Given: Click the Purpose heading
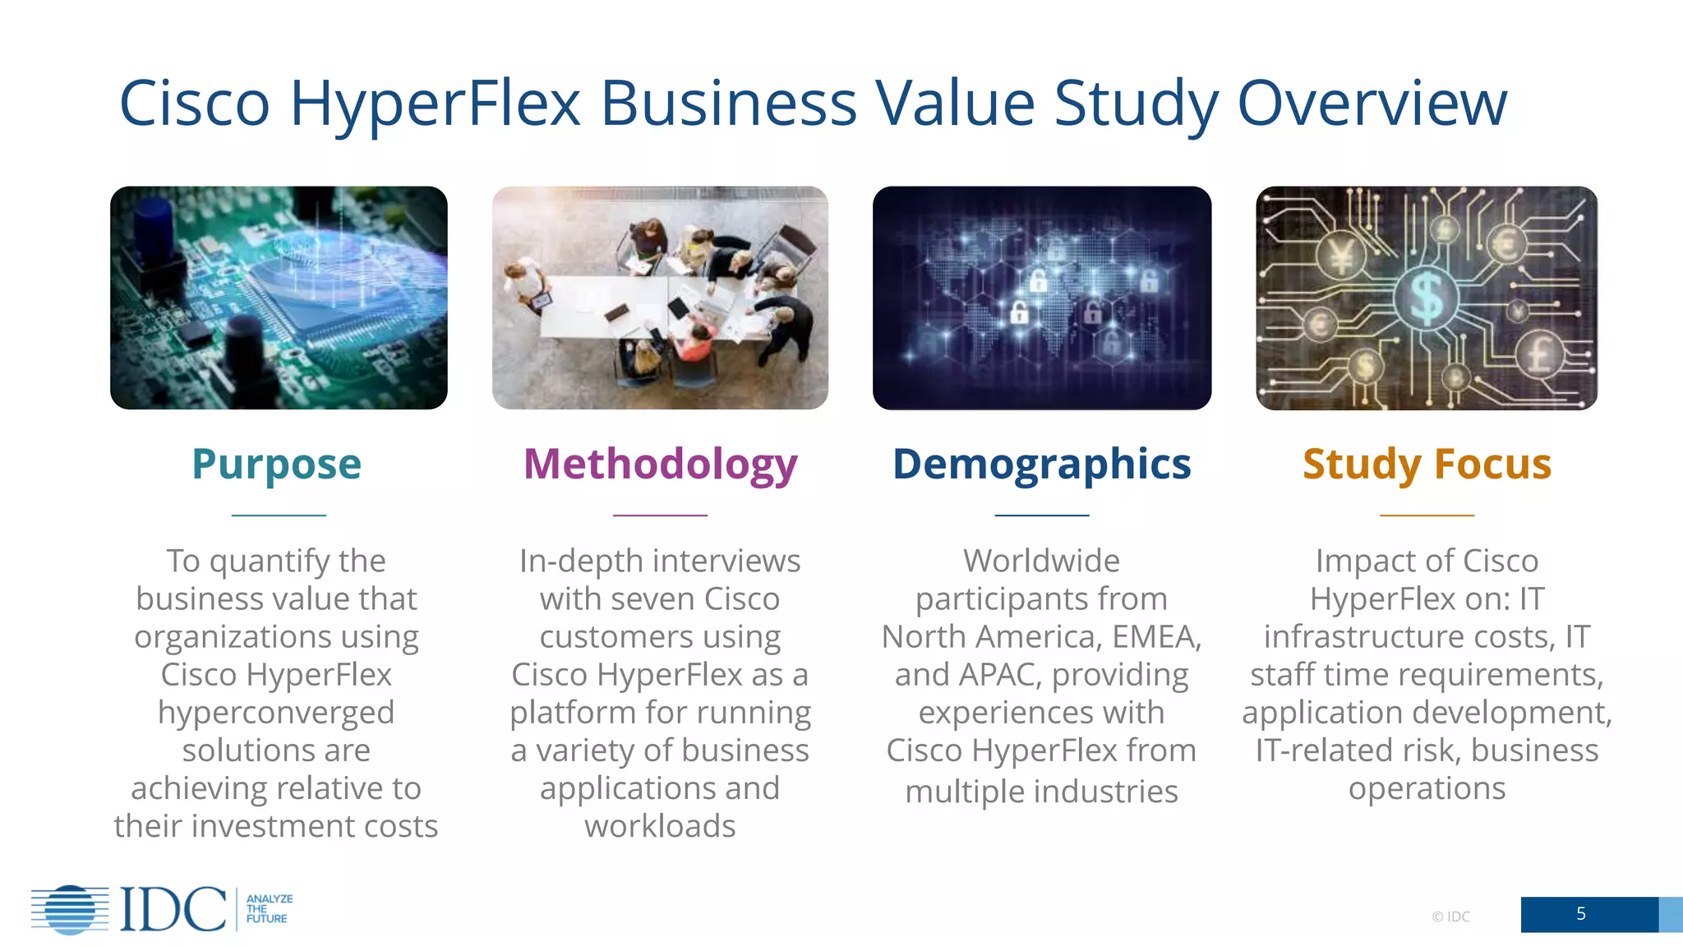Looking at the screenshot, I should tap(276, 464).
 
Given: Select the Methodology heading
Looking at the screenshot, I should tap(660, 464).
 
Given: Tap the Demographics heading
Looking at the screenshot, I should tap(1041, 464).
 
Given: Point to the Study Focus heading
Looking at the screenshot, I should tap(1427, 464).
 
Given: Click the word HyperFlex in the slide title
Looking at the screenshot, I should tap(436, 104).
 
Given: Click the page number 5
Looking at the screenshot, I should tap(1580, 914).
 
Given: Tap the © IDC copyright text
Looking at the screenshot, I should tap(1450, 917).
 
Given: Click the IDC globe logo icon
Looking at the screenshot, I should tap(70, 909).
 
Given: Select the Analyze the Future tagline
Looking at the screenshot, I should tap(268, 909).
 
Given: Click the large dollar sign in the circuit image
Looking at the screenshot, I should tap(1426, 298).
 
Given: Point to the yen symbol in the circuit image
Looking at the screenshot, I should tap(1341, 257).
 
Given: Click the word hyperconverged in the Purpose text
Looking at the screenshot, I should tap(276, 713).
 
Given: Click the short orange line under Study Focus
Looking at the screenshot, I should tap(1427, 515).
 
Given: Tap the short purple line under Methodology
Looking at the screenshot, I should tap(660, 515).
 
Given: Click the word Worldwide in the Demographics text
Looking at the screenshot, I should tap(1041, 561).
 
